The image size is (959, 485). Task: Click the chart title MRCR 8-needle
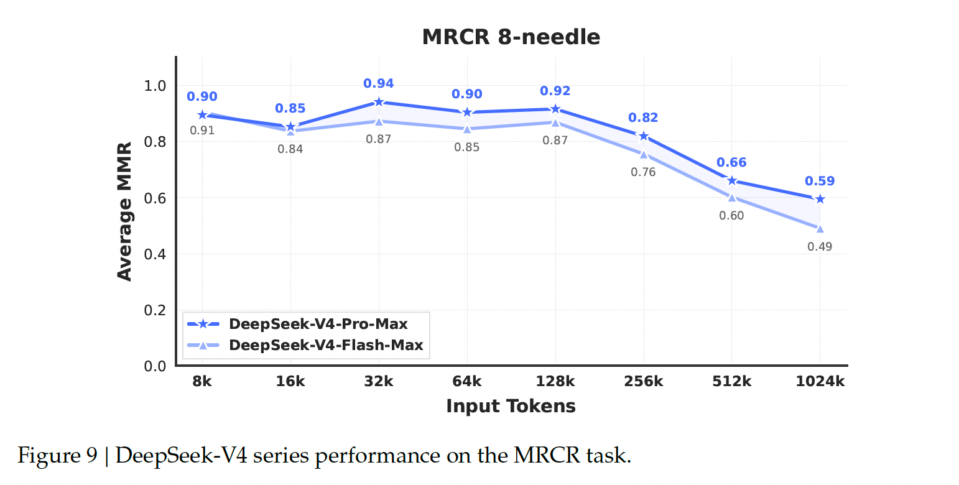[x=511, y=37]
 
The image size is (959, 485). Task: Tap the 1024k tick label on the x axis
[x=820, y=382]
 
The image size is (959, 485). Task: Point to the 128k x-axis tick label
[x=555, y=382]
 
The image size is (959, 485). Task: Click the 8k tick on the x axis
[x=202, y=382]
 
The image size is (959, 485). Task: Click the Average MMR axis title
[x=125, y=211]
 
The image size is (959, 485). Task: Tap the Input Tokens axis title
[x=511, y=407]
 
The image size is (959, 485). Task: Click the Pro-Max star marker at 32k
[x=379, y=102]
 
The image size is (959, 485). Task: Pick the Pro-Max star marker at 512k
[x=731, y=181]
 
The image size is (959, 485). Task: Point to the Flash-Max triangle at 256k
[x=643, y=154]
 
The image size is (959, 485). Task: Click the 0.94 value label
[x=379, y=84]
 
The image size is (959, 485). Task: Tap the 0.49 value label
[x=820, y=247]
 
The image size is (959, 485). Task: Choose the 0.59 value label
[x=820, y=182]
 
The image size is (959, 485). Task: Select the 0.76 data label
[x=643, y=172]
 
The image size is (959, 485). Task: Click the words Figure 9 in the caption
[x=57, y=456]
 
